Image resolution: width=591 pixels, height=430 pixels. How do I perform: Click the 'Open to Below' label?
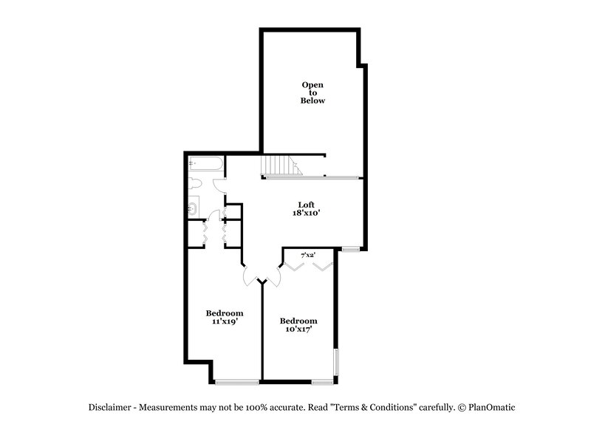(x=312, y=92)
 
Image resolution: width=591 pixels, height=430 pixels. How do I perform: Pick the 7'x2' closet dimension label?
(x=308, y=255)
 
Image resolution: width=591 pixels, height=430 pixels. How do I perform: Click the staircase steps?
(x=281, y=165)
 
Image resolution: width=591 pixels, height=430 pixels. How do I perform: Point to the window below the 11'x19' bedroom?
(x=237, y=381)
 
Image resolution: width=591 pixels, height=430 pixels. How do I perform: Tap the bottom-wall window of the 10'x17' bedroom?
(x=321, y=381)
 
